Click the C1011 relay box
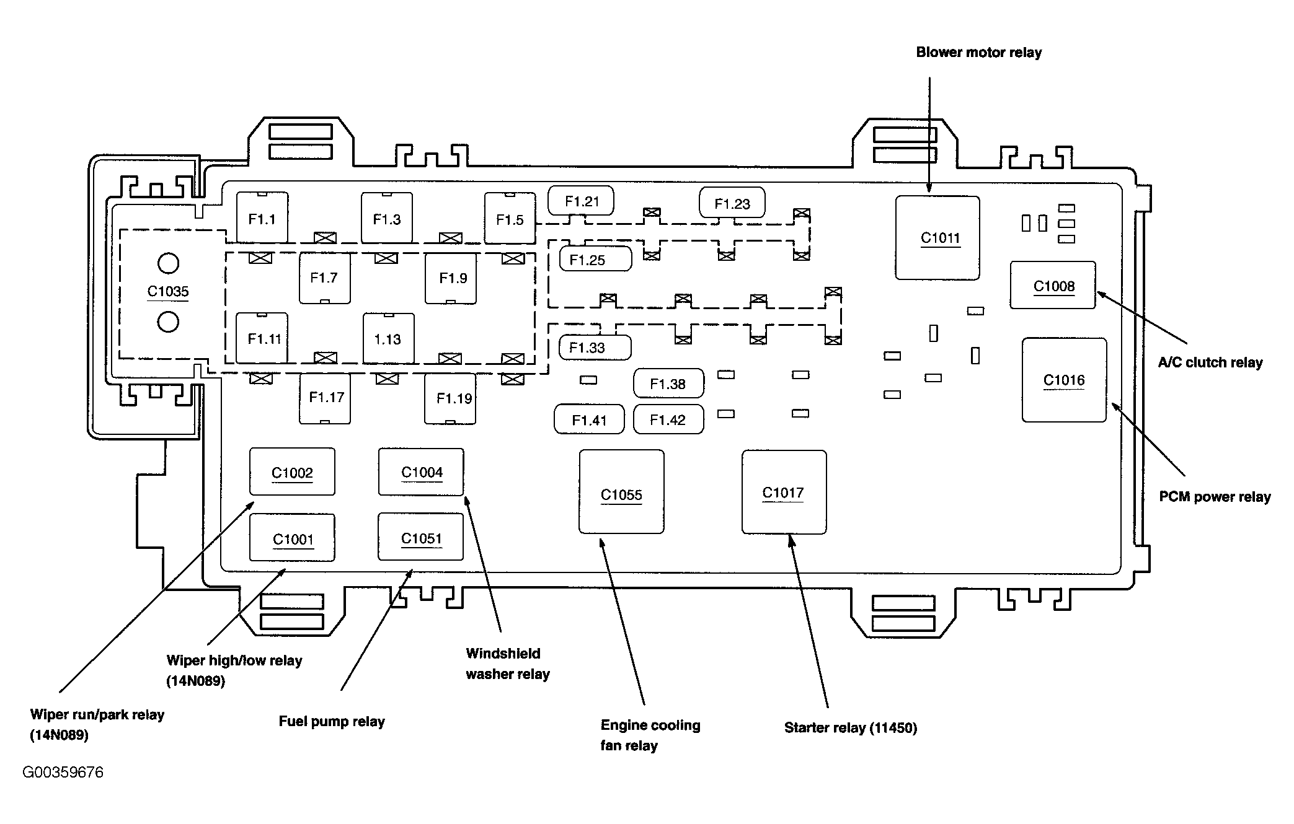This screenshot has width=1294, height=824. [937, 238]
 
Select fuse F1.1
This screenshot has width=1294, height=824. [262, 217]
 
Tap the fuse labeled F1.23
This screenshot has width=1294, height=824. [732, 203]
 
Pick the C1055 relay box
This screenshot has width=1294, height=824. [621, 492]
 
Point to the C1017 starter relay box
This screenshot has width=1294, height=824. [784, 492]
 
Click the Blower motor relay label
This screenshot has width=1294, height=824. [979, 53]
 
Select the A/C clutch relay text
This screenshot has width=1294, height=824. [1210, 362]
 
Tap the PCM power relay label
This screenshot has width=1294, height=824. [1215, 497]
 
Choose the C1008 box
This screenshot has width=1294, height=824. [1053, 285]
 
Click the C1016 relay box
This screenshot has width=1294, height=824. [1064, 380]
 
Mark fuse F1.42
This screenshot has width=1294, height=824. [668, 419]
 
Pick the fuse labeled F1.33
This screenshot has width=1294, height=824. [595, 348]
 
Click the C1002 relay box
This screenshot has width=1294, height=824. [292, 471]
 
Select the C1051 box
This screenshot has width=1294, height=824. [421, 537]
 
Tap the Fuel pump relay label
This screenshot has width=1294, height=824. [332, 722]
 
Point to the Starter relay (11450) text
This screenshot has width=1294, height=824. [851, 727]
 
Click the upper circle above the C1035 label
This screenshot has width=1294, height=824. [168, 263]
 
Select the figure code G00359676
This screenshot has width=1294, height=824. [63, 773]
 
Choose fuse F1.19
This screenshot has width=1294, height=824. [450, 398]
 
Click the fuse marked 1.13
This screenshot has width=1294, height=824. [388, 338]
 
